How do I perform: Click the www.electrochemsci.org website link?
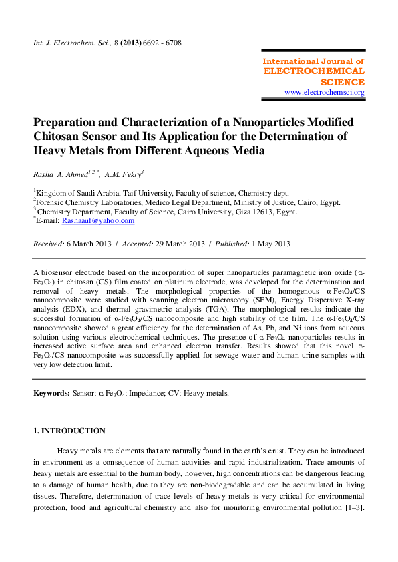(324, 92)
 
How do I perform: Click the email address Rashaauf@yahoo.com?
(98, 220)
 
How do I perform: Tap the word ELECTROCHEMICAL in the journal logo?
(314, 71)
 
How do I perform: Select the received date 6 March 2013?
(89, 244)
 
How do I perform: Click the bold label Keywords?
(52, 394)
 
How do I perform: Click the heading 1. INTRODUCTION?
(69, 431)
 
